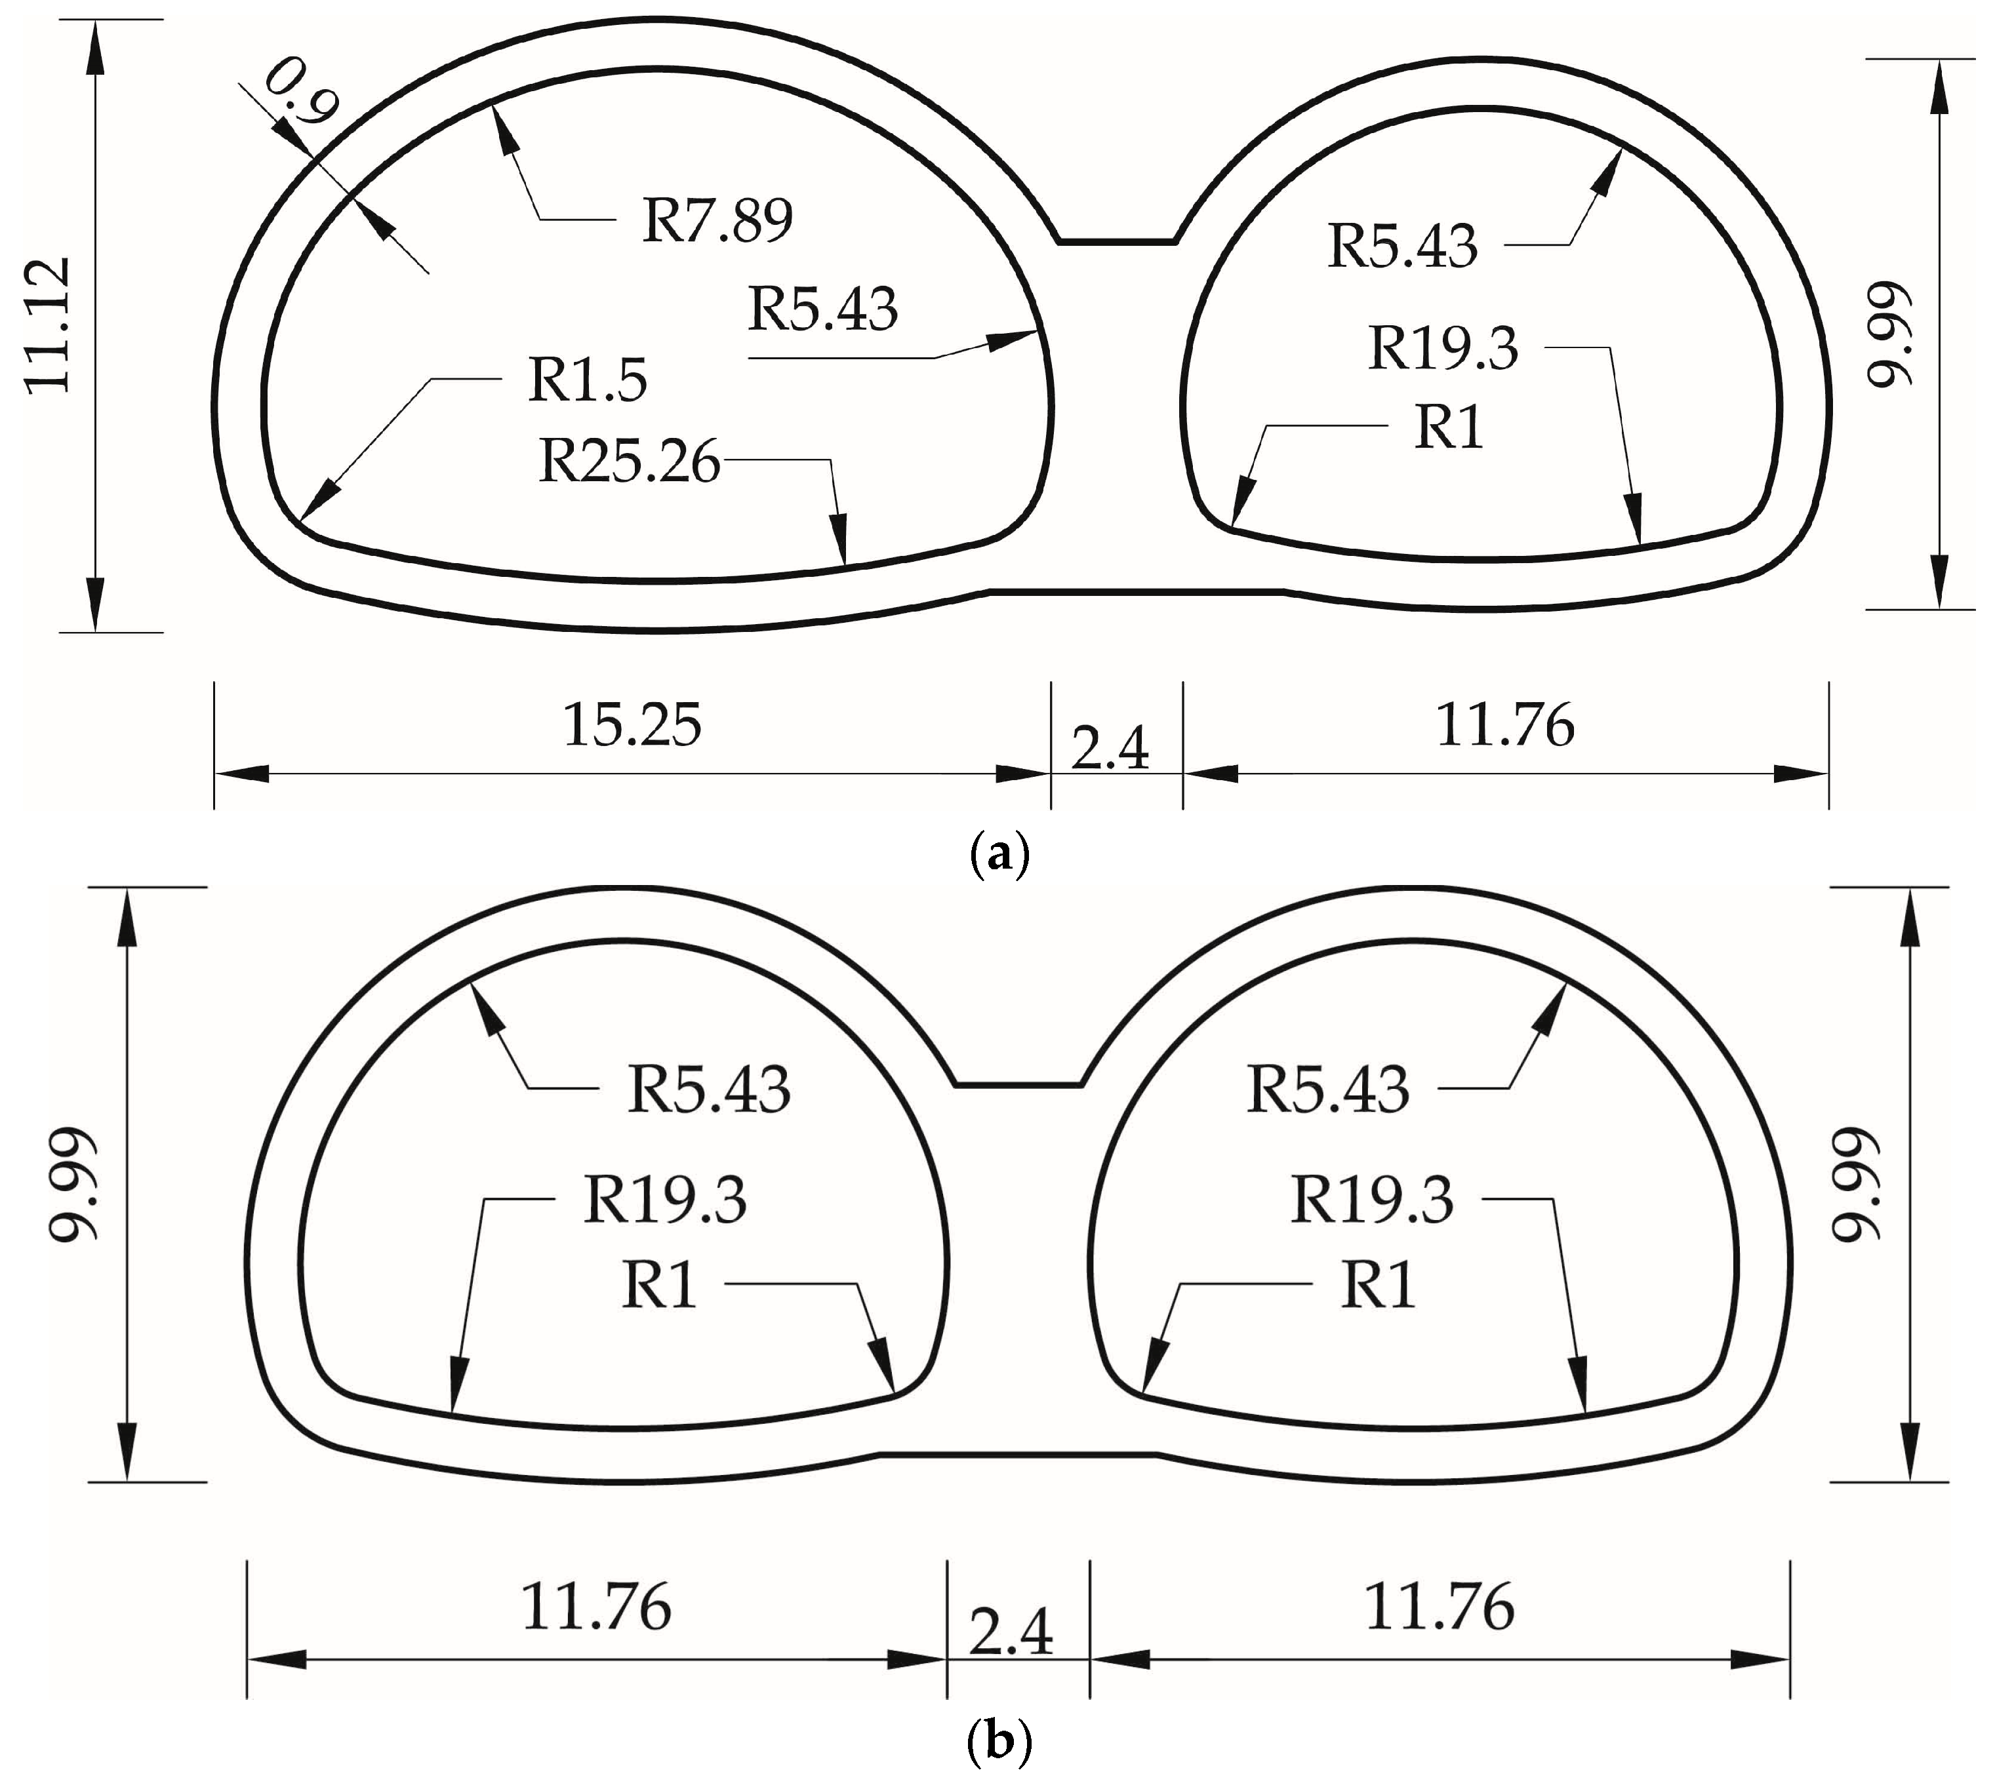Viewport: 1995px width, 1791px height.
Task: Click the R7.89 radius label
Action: [717, 220]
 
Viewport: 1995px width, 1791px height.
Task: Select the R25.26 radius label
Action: [630, 461]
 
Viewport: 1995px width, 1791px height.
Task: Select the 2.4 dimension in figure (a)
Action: [1109, 749]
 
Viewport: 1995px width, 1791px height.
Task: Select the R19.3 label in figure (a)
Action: [1443, 348]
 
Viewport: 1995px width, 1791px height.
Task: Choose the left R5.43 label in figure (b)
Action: [709, 1090]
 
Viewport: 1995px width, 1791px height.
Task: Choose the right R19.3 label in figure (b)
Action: [1371, 1200]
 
